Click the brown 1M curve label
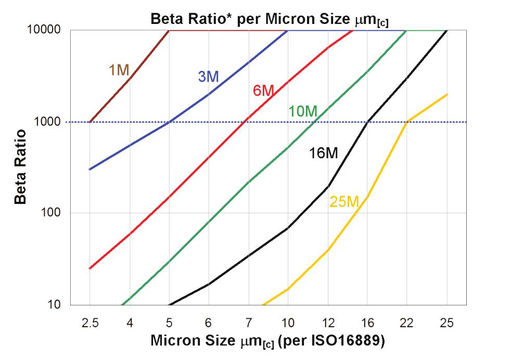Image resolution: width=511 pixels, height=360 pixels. pyautogui.click(x=119, y=70)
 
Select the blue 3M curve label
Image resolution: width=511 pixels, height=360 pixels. pyautogui.click(x=208, y=76)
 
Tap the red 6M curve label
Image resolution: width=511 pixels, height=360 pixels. pyautogui.click(x=263, y=91)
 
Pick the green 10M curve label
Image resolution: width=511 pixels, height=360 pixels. pyautogui.click(x=302, y=111)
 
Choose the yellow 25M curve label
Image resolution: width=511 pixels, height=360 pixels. pyautogui.click(x=344, y=201)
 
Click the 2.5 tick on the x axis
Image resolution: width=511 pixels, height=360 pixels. pyautogui.click(x=90, y=323)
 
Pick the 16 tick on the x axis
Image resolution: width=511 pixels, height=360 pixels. pyautogui.click(x=367, y=323)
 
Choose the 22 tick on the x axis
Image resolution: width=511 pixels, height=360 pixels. pyautogui.click(x=407, y=323)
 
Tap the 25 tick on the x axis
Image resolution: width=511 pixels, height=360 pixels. pyautogui.click(x=446, y=323)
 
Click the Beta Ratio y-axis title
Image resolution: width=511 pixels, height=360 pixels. pyautogui.click(x=20, y=168)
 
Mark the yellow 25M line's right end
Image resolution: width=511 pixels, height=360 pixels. pyautogui.click(x=447, y=94)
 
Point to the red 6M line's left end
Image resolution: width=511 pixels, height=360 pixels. pyautogui.click(x=90, y=268)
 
